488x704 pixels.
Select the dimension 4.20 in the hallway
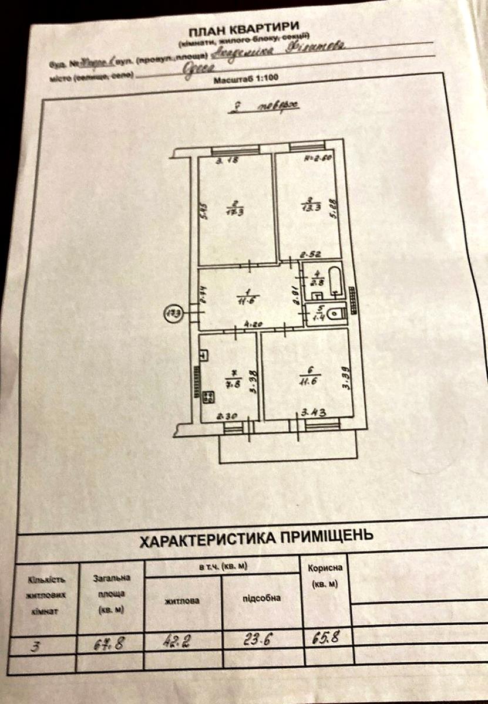(x=253, y=323)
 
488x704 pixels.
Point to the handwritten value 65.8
(x=328, y=636)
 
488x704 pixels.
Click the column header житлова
(x=182, y=601)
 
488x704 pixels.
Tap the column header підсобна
(x=261, y=598)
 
